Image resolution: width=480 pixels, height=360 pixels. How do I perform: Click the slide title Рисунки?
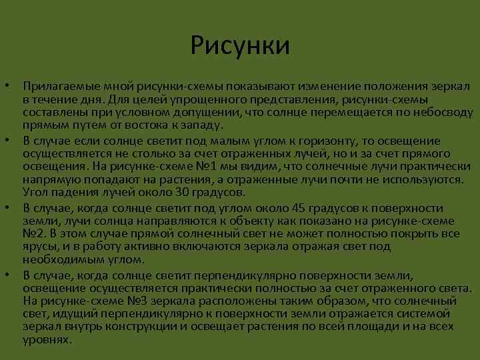click(239, 46)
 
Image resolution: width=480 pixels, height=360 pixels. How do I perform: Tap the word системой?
click(427, 314)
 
